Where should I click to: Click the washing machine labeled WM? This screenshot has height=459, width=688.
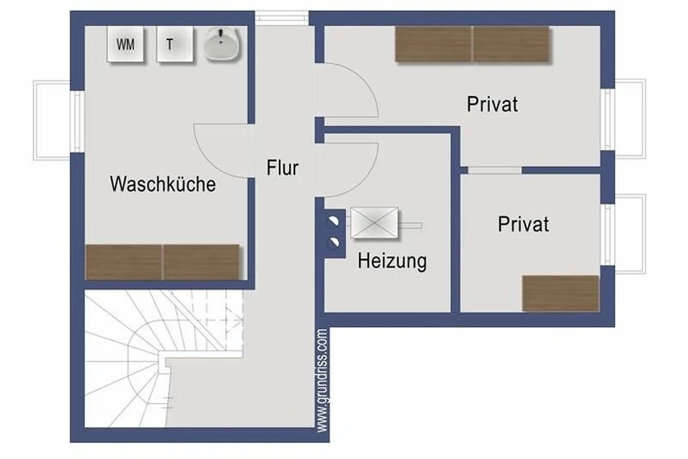click(126, 44)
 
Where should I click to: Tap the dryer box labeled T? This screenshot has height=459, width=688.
click(175, 44)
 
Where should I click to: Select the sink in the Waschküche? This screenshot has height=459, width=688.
click(221, 44)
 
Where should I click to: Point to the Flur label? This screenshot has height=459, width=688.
click(283, 168)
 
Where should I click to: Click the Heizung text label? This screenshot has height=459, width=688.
click(392, 261)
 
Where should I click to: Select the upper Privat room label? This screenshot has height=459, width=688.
click(492, 104)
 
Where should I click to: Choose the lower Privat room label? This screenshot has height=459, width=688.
click(523, 224)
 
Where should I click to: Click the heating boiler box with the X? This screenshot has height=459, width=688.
click(374, 223)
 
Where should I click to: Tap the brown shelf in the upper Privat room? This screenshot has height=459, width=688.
click(472, 44)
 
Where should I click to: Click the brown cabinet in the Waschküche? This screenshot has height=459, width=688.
click(162, 262)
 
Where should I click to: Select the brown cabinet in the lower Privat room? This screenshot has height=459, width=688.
click(561, 294)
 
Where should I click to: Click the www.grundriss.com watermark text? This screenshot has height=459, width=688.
click(322, 380)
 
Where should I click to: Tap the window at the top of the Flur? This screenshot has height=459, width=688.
click(282, 16)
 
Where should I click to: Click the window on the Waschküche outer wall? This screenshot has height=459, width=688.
click(77, 122)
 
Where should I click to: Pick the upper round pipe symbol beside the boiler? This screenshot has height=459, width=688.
click(333, 221)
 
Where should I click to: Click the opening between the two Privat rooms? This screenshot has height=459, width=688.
click(494, 170)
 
